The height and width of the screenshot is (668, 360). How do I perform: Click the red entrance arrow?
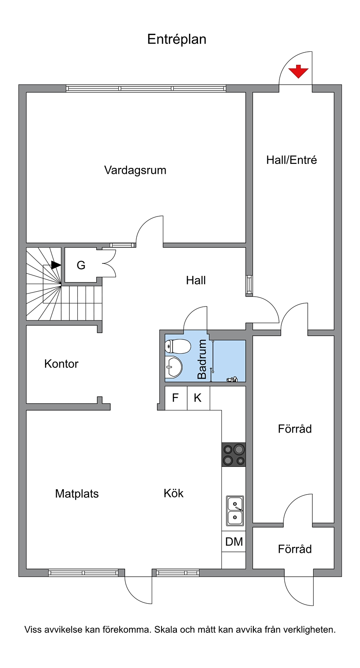[x=298, y=72]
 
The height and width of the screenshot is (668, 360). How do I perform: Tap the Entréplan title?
[x=177, y=39]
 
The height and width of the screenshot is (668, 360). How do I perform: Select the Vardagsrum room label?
[x=135, y=170]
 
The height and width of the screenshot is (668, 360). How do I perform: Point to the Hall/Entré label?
[x=292, y=160]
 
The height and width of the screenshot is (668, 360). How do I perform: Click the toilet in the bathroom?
[x=178, y=347]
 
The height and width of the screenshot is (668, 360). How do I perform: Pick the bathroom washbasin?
[x=173, y=366]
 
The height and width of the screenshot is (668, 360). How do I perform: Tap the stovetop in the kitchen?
[x=234, y=455]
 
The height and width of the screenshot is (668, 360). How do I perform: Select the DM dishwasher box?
[x=234, y=541]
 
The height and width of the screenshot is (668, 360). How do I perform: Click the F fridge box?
[x=176, y=398]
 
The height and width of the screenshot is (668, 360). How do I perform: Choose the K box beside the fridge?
[x=198, y=398]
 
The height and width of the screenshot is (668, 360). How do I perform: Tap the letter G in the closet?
[x=81, y=265]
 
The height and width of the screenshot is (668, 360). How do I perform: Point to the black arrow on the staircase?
[x=56, y=265]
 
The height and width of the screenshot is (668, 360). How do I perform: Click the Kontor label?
[x=61, y=364]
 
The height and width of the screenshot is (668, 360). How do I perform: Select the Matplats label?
[x=77, y=493]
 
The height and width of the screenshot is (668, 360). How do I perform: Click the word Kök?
[x=173, y=493]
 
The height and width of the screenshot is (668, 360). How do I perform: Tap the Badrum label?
[x=202, y=359]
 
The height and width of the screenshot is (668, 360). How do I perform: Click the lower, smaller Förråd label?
[x=295, y=549]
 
